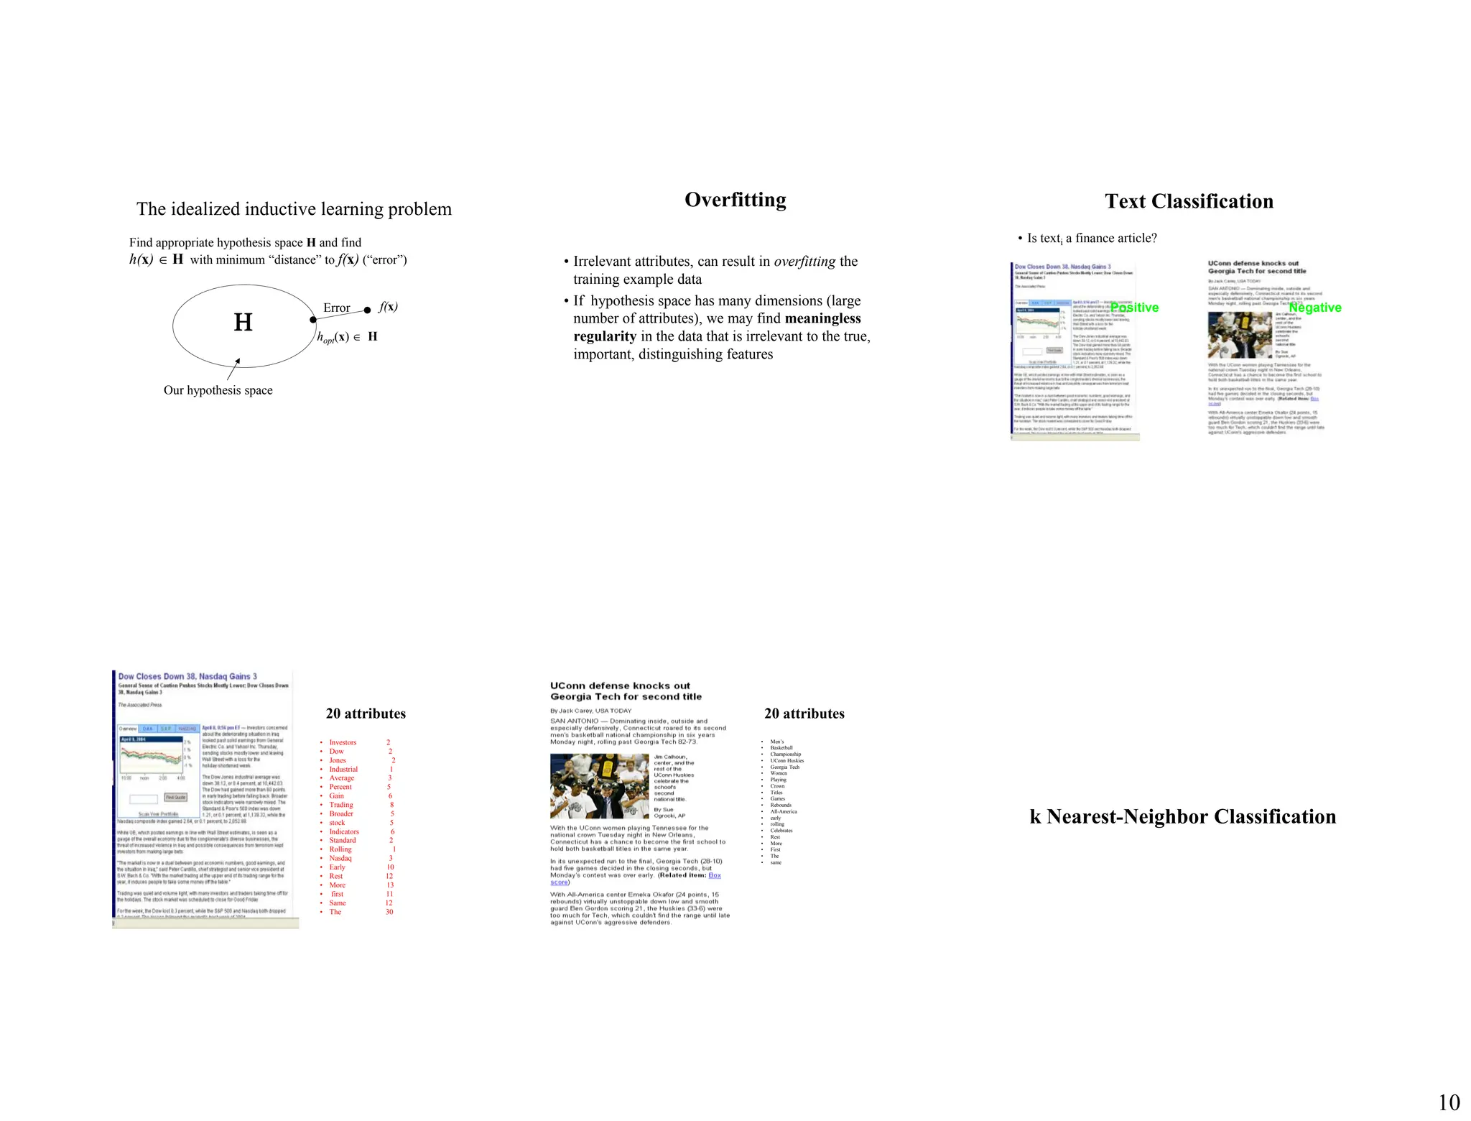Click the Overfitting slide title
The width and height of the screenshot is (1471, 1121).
pyautogui.click(x=735, y=200)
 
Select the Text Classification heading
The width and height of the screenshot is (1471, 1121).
pyautogui.click(x=1189, y=201)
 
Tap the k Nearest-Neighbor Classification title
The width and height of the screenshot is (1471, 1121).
pyautogui.click(x=1182, y=816)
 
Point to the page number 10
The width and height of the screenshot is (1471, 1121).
pyautogui.click(x=1448, y=1102)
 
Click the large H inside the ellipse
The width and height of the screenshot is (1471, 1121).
pyautogui.click(x=243, y=322)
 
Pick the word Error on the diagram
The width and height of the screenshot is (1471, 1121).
pyautogui.click(x=336, y=308)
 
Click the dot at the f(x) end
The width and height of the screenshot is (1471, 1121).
pyautogui.click(x=368, y=310)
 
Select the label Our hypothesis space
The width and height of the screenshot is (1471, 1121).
pyautogui.click(x=218, y=390)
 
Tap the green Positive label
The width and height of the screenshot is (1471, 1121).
pyautogui.click(x=1134, y=308)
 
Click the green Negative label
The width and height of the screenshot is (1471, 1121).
pyautogui.click(x=1314, y=308)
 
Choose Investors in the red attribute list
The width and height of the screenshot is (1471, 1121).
pyautogui.click(x=343, y=742)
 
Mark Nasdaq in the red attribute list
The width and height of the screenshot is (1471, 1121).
pyautogui.click(x=340, y=858)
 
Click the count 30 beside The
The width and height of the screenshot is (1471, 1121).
pyautogui.click(x=389, y=912)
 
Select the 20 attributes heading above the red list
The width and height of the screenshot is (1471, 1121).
pyautogui.click(x=366, y=714)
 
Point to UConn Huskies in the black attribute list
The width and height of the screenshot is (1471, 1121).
pyautogui.click(x=786, y=760)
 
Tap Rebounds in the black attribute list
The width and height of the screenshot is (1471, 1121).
pyautogui.click(x=781, y=805)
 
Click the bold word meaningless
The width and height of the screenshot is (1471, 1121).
pyautogui.click(x=822, y=318)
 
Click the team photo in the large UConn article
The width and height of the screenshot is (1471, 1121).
pyautogui.click(x=600, y=786)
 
